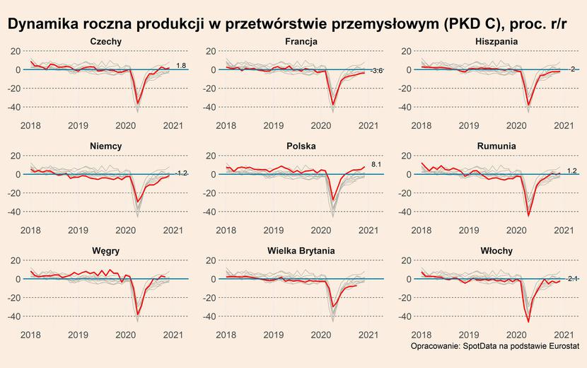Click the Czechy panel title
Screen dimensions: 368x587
click(x=107, y=42)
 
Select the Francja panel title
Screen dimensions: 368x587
click(x=301, y=42)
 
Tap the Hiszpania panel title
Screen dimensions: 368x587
click(x=496, y=42)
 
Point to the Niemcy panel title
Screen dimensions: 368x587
click(x=107, y=146)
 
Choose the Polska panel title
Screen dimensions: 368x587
click(x=301, y=146)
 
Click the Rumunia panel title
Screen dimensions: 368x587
click(x=496, y=146)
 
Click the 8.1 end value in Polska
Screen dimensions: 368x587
click(x=376, y=165)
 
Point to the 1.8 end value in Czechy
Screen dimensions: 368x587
click(x=181, y=66)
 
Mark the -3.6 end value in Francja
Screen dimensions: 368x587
click(x=376, y=71)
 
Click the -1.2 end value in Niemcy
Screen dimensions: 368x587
click(x=181, y=173)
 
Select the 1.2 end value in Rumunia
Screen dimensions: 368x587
click(x=572, y=171)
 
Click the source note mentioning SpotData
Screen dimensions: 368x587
click(x=494, y=346)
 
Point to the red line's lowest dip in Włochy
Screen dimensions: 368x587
click(x=528, y=321)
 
